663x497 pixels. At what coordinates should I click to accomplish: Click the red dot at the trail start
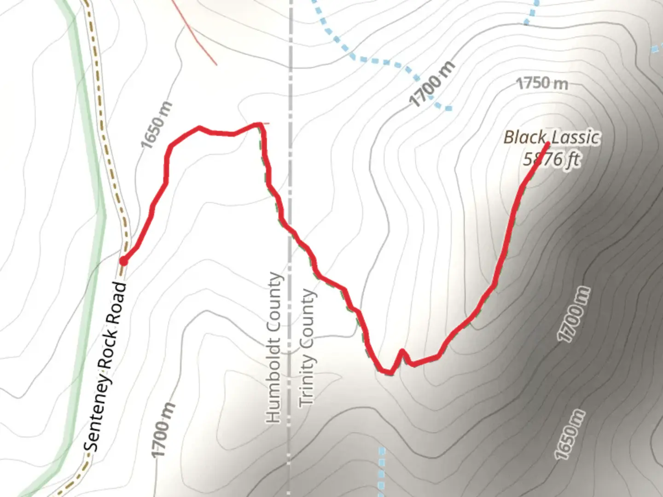(x=123, y=261)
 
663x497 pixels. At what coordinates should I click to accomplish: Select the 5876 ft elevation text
(x=551, y=159)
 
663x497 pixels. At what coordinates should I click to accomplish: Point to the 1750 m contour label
(x=542, y=84)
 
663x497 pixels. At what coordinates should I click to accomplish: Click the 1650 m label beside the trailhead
(x=157, y=125)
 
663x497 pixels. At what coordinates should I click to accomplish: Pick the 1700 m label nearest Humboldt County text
(x=164, y=430)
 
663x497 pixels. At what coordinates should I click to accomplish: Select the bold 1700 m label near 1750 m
(x=432, y=84)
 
